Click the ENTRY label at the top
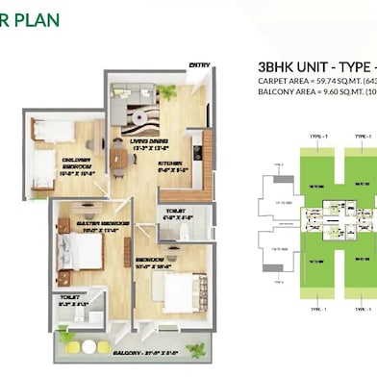199,65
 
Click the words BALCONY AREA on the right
284,94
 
